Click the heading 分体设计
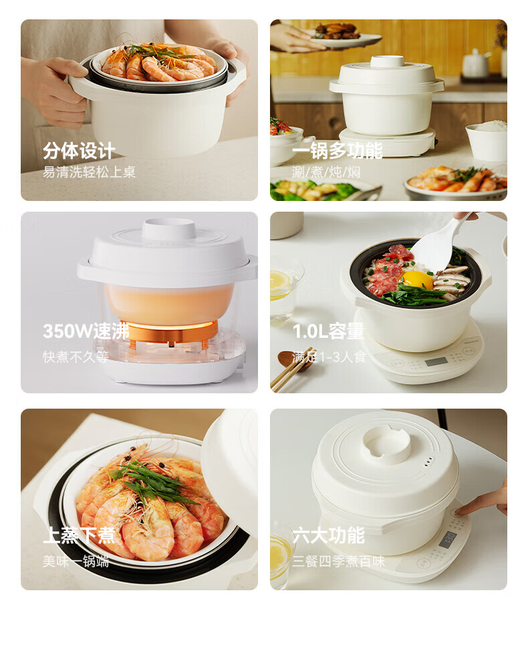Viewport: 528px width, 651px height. pyautogui.click(x=79, y=150)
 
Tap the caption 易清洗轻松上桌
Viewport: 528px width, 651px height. pyautogui.click(x=89, y=172)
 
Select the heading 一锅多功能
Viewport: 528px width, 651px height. pyautogui.click(x=337, y=150)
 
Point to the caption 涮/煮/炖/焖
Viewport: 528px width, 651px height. pyautogui.click(x=326, y=172)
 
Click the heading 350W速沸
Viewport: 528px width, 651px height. pyautogui.click(x=86, y=331)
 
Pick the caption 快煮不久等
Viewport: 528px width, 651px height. pyautogui.click(x=76, y=357)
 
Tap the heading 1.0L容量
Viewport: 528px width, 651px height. pyautogui.click(x=328, y=331)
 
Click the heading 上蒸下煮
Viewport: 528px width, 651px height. pyautogui.click(x=79, y=535)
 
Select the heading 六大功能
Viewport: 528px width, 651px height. pyautogui.click(x=328, y=535)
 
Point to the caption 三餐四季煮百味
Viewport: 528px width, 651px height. pyautogui.click(x=338, y=561)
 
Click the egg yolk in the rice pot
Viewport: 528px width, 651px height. pyautogui.click(x=418, y=280)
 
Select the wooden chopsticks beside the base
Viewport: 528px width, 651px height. pyautogui.click(x=291, y=369)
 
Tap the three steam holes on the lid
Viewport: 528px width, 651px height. pyautogui.click(x=429, y=461)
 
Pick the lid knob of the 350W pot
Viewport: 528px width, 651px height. pyautogui.click(x=169, y=228)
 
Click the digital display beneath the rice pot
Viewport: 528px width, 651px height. pyautogui.click(x=435, y=362)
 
